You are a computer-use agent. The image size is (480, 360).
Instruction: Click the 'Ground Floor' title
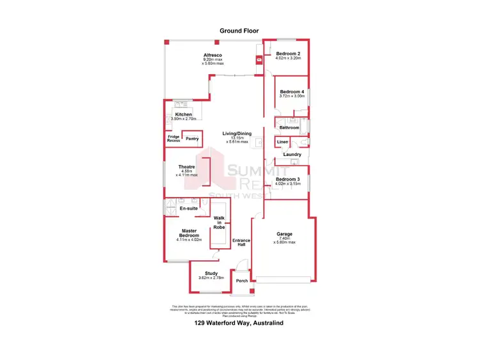pos(239,30)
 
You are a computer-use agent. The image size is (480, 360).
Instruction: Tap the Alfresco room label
pos(212,55)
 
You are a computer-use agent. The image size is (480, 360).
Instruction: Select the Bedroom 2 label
pos(287,54)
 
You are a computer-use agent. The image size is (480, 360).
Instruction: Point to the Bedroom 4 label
pos(292,91)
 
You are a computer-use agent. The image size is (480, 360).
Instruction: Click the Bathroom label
pos(289,128)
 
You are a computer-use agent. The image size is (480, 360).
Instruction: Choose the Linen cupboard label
pos(282,141)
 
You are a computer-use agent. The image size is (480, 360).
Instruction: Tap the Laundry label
pos(292,155)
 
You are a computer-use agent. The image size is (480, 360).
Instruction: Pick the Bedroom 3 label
pos(288,180)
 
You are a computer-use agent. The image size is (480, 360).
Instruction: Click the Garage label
pos(284,234)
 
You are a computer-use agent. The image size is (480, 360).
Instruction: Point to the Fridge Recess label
pos(173,139)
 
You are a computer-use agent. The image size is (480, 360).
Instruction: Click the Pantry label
pos(192,139)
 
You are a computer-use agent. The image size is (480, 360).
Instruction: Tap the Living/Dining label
pos(237,134)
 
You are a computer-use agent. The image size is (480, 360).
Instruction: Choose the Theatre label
pos(187,167)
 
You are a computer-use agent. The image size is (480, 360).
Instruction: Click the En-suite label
pos(188,208)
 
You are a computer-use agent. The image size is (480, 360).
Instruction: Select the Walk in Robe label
pos(219,222)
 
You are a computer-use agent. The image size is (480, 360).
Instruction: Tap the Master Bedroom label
pos(189,233)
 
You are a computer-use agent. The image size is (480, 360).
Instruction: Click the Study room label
pos(203,274)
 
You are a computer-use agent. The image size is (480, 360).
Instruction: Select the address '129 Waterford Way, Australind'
pos(239,324)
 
